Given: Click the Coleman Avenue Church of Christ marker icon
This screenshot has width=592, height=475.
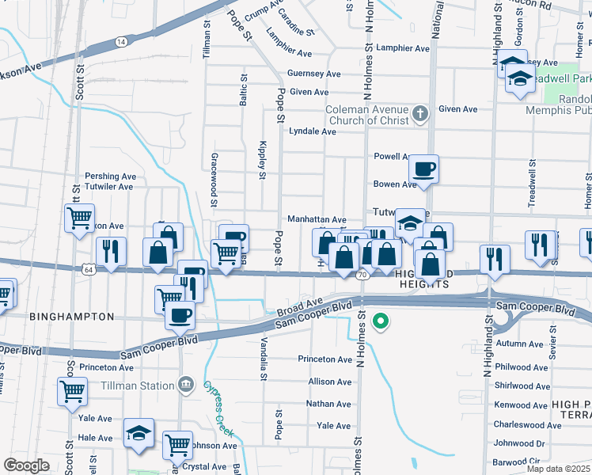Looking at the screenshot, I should click(x=419, y=116).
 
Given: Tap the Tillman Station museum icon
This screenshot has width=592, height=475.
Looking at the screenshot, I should click(x=185, y=386).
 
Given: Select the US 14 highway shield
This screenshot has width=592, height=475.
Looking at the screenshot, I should click(x=120, y=41).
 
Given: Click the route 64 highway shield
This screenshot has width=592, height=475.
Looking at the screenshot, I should click(x=87, y=269).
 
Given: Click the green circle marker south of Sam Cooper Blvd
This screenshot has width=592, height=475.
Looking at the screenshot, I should click(x=381, y=321).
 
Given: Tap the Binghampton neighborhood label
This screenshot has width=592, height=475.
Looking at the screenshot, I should click(x=72, y=317).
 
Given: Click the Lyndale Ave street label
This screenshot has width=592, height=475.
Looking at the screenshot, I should click(x=313, y=131).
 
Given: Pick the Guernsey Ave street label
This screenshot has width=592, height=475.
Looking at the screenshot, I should click(x=314, y=74).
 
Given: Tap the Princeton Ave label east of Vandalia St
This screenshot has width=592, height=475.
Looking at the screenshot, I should click(x=324, y=359).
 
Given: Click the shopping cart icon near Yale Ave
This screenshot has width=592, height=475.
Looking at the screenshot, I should click(x=72, y=390).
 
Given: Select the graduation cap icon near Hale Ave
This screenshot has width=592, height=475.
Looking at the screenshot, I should click(x=139, y=433).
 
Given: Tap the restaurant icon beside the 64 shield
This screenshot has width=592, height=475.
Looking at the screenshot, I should click(x=111, y=251).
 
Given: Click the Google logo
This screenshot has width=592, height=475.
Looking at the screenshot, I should click(x=26, y=465).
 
